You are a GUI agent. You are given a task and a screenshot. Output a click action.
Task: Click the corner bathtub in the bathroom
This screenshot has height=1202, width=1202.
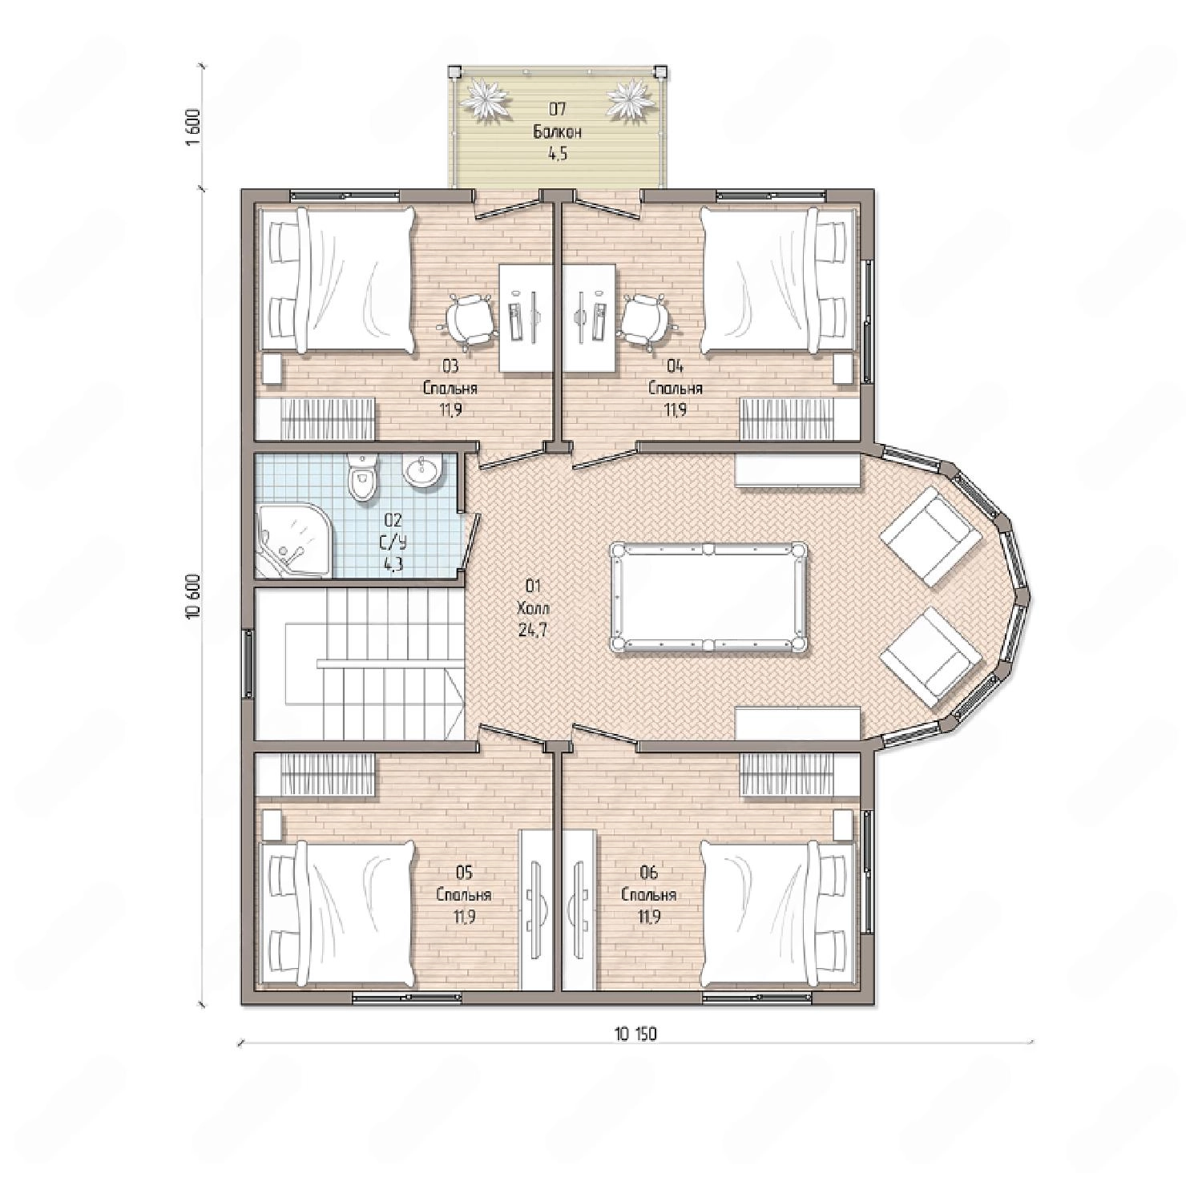point(292,541)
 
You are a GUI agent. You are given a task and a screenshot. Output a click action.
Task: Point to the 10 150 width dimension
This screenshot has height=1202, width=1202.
point(635,1034)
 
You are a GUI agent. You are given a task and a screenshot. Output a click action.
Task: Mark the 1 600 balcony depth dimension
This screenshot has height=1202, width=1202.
point(192,127)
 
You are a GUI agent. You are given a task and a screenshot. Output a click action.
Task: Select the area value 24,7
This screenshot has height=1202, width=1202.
point(534,630)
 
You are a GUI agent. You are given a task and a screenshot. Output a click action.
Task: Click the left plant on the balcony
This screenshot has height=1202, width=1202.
point(486,100)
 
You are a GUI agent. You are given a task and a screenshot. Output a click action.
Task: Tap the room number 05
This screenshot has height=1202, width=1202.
point(464,872)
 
